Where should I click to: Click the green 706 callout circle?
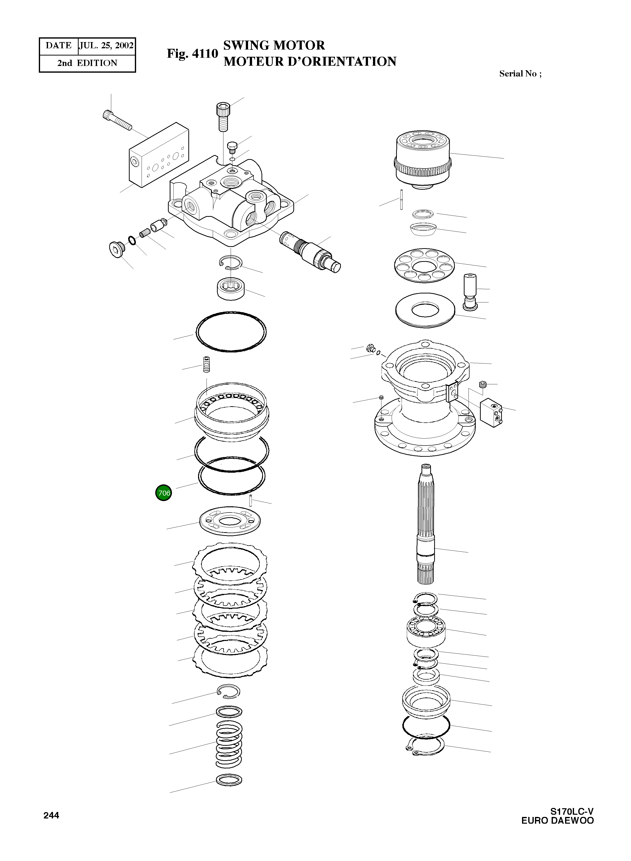pyautogui.click(x=163, y=493)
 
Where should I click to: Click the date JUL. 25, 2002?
pyautogui.click(x=106, y=46)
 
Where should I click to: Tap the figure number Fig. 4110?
pyautogui.click(x=192, y=54)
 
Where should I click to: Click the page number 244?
pyautogui.click(x=51, y=815)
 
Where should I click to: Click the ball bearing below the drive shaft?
pyautogui.click(x=426, y=632)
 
